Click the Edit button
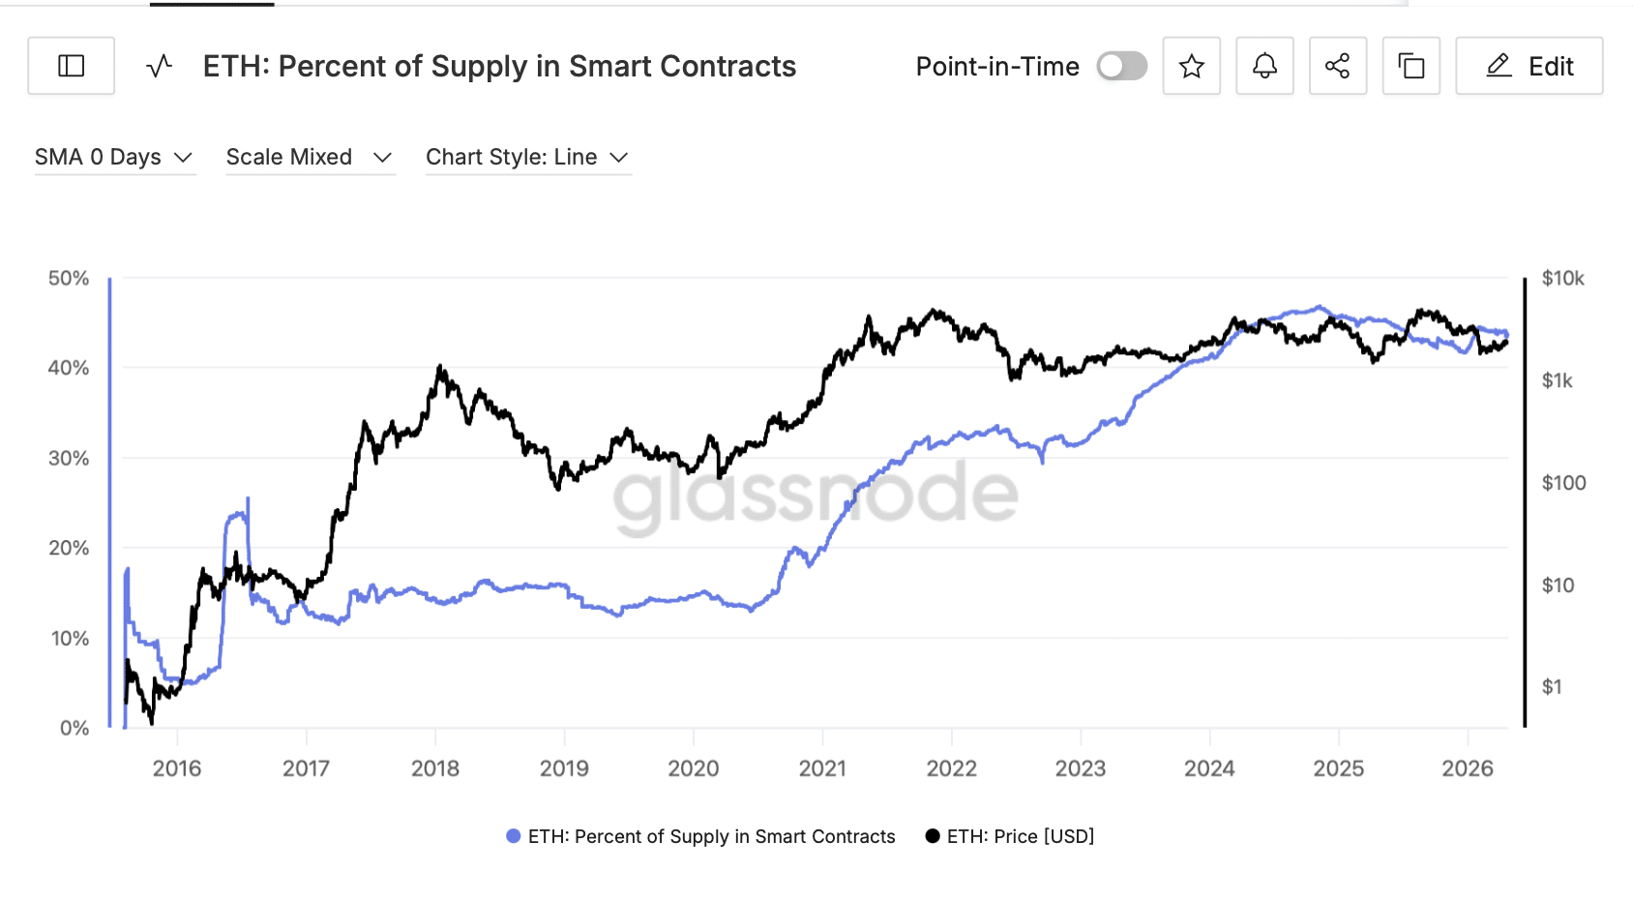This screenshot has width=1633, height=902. (1529, 66)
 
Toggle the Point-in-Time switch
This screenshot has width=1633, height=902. (1121, 66)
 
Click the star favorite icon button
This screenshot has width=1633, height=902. (1191, 66)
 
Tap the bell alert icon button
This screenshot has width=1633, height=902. (1264, 66)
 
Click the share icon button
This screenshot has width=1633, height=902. (1337, 66)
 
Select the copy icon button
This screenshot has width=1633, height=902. (1410, 66)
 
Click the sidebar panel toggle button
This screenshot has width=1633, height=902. (71, 66)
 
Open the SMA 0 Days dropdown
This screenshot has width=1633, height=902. (114, 157)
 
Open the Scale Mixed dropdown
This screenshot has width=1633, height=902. (310, 157)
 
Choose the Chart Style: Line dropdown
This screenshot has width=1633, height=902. (527, 157)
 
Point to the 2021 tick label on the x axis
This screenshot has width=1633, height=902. (822, 768)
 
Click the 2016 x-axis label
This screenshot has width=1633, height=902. (177, 768)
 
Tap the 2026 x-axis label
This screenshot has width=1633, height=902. (1467, 768)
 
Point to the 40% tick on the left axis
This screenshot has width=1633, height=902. (69, 368)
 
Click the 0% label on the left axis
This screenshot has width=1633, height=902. (74, 728)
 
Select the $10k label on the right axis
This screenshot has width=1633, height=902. (1562, 279)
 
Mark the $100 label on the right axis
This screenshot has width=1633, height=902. (1562, 483)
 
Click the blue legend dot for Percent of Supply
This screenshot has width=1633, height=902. (513, 836)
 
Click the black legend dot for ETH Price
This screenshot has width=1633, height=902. (932, 836)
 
